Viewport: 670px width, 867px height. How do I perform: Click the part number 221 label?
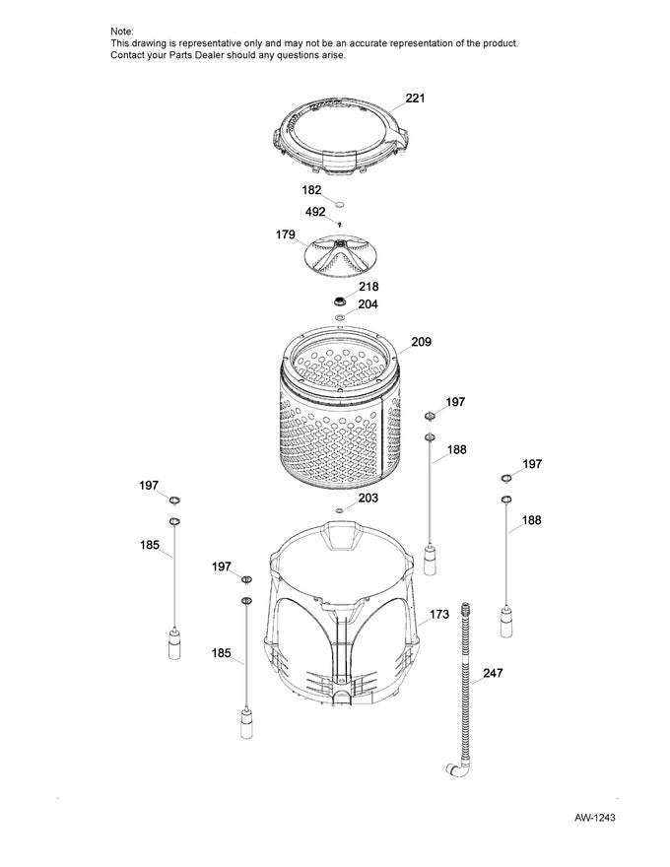click(416, 99)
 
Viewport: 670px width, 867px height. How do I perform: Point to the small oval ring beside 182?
click(339, 203)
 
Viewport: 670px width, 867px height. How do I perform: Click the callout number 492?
click(315, 211)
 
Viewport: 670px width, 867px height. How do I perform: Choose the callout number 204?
click(367, 304)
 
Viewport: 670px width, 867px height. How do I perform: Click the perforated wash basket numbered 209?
click(340, 414)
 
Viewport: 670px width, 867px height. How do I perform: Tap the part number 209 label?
click(421, 342)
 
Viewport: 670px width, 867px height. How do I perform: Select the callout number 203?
click(368, 499)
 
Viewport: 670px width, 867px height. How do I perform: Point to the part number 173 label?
click(439, 615)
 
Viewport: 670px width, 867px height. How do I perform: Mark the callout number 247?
click(492, 676)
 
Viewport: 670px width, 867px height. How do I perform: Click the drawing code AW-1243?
click(596, 819)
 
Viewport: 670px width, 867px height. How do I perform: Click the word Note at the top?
click(122, 33)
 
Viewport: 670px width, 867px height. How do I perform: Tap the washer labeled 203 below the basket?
click(339, 509)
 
